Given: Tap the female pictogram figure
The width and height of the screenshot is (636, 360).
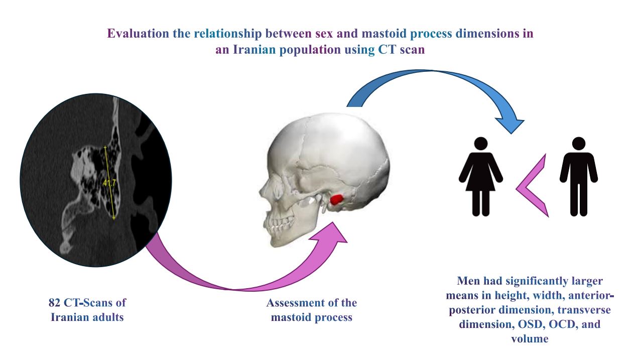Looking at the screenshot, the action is tap(481, 177).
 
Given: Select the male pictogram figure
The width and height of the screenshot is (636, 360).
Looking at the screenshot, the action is tap(579, 177).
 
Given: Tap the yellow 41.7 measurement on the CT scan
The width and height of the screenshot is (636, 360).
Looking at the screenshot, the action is tap(109, 183).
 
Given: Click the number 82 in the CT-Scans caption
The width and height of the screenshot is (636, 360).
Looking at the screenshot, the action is tap(54, 303).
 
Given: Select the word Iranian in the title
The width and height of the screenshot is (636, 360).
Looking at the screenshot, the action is tap(254, 50).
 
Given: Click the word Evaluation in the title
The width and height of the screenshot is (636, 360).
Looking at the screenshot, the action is tap(138, 34).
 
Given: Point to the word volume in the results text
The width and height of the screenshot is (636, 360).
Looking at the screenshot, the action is tap(530, 339).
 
